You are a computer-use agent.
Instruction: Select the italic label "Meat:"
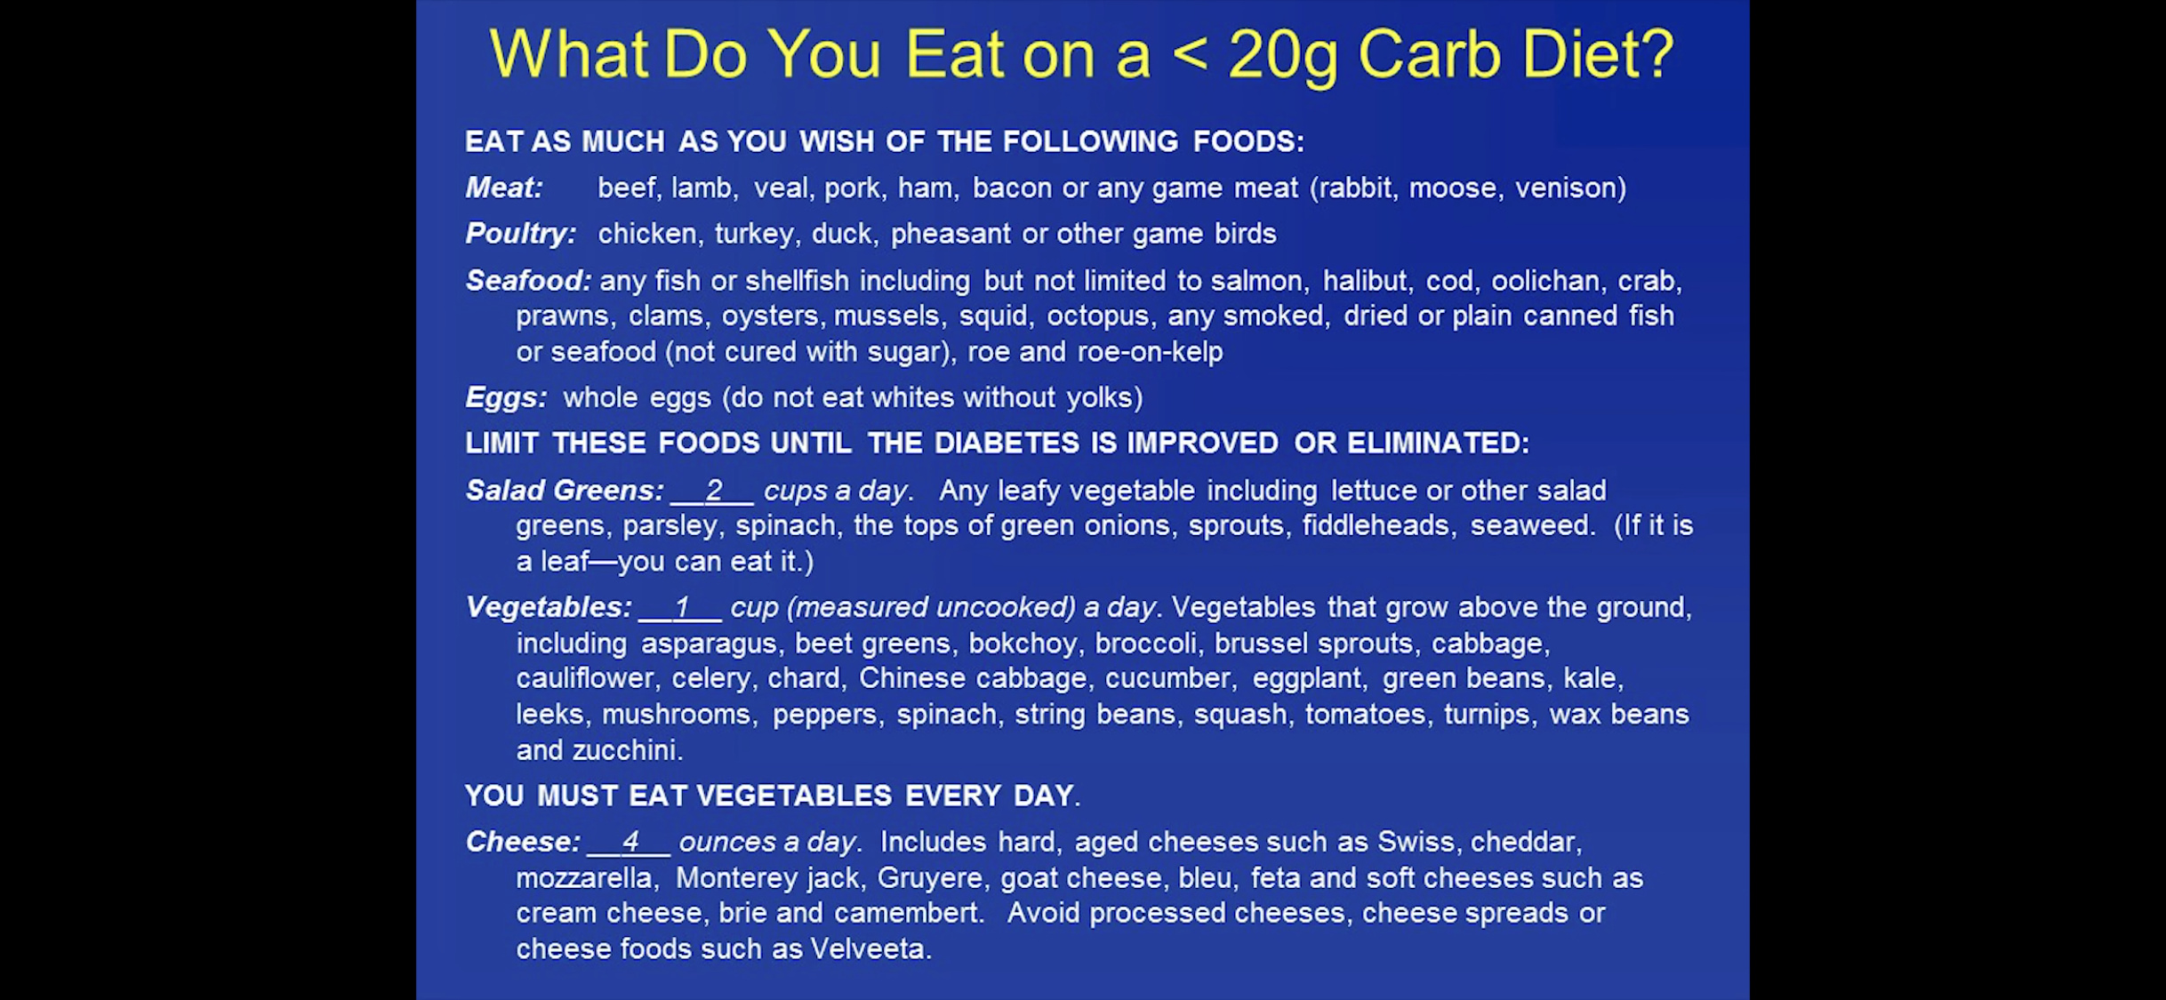504,188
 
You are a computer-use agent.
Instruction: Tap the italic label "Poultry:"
521,234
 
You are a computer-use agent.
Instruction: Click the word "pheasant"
951,234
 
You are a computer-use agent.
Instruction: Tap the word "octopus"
1097,316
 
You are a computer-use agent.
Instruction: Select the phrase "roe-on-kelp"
1150,352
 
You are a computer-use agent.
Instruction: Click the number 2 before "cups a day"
714,490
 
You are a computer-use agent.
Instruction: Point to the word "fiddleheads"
1376,525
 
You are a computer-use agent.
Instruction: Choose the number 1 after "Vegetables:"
682,607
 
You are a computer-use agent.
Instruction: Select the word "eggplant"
1307,678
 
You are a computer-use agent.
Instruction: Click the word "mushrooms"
677,715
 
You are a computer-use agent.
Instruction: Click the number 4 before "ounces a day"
630,841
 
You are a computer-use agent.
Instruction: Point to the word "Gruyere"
930,878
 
